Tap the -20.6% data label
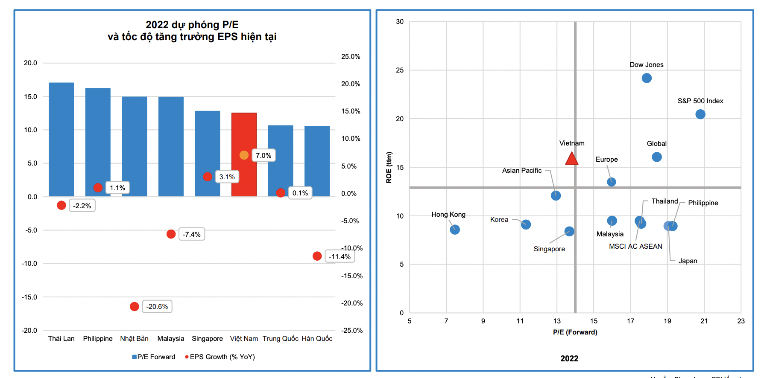(157, 307)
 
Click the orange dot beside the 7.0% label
(244, 155)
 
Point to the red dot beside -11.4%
(317, 256)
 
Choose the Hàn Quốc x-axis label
(317, 338)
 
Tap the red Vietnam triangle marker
(571, 159)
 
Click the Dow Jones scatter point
(647, 78)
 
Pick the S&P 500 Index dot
(700, 114)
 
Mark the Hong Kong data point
(455, 230)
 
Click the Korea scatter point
(526, 224)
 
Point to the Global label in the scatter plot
(656, 144)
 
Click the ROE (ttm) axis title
(389, 167)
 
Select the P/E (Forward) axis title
(575, 332)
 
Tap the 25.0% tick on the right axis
(351, 56)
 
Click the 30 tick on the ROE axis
(400, 22)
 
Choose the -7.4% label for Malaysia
(192, 234)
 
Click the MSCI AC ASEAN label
(635, 246)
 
